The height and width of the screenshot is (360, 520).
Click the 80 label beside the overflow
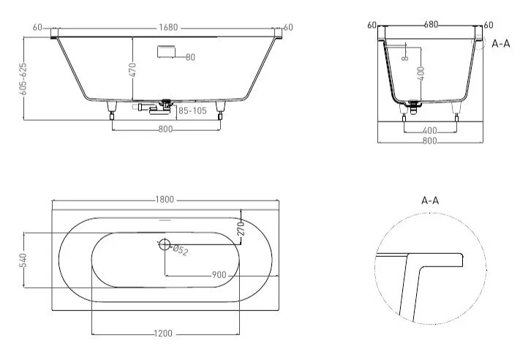tap(189, 57)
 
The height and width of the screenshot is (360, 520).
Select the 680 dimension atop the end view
tap(431, 25)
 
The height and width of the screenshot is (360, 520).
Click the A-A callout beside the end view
tap(501, 44)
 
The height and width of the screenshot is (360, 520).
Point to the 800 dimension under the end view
tap(432, 140)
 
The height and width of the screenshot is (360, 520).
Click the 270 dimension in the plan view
tap(239, 229)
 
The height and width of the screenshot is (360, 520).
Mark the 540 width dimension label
tap(23, 260)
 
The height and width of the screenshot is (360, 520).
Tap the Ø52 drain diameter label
tap(180, 251)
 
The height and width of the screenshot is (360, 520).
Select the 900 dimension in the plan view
tap(219, 274)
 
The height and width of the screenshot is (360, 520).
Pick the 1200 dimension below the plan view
tap(164, 334)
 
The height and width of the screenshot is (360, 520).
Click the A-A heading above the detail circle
tap(430, 200)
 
